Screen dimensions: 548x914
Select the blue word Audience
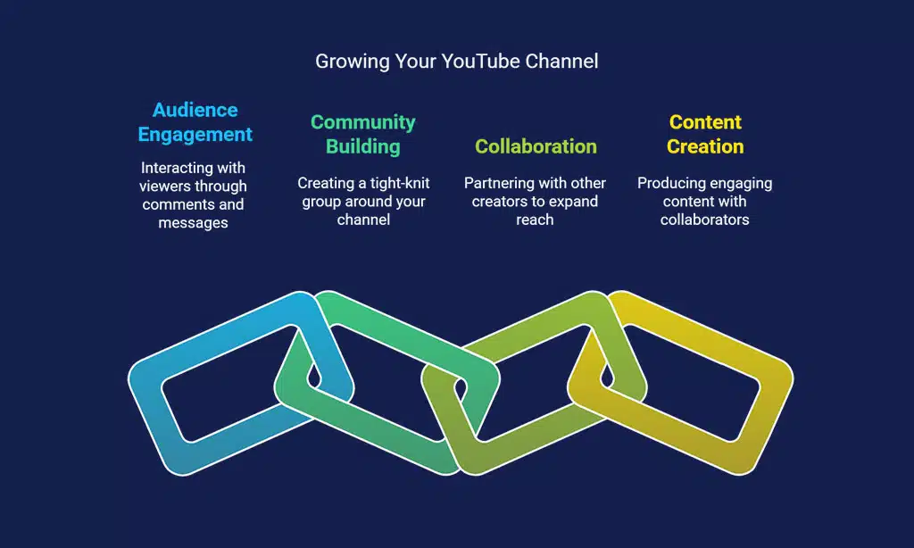[x=195, y=110]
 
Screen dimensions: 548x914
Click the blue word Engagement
[x=195, y=135]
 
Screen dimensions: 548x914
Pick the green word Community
[x=362, y=122]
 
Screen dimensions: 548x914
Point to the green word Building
[x=362, y=146]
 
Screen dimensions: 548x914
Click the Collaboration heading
[x=536, y=146]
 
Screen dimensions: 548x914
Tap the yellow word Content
[x=705, y=122]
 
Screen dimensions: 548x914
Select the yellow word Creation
[x=705, y=146]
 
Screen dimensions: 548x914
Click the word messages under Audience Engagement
[x=194, y=223]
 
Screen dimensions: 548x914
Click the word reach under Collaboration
[x=535, y=220]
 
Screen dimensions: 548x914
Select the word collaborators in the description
[x=704, y=220]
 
